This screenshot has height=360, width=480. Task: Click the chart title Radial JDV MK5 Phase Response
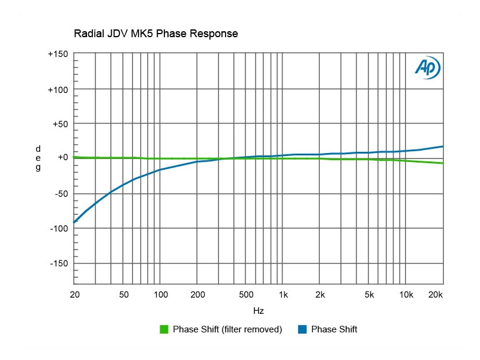pos(155,34)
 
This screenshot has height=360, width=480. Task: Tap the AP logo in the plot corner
pos(428,68)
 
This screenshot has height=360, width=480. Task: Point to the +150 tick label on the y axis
pos(58,54)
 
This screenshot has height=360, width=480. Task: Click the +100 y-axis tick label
pos(58,89)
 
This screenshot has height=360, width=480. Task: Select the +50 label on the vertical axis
pos(60,124)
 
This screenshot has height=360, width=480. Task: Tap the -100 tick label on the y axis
pos(58,229)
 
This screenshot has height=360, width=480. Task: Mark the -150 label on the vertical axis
pos(58,263)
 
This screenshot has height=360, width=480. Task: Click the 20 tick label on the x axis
pos(74,295)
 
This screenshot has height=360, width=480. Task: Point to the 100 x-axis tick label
pos(160,295)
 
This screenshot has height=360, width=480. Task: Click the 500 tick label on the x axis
pos(246,295)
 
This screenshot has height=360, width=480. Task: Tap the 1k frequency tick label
pos(284,295)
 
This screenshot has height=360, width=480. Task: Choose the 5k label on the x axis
pos(369,295)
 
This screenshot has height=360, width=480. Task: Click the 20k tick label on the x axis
pos(435,295)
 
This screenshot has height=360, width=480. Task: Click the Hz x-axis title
pos(258,311)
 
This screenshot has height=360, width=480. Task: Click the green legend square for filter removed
pos(164,329)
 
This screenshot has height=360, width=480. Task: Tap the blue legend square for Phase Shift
pos(302,329)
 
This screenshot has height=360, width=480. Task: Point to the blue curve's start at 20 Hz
pos(74,223)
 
